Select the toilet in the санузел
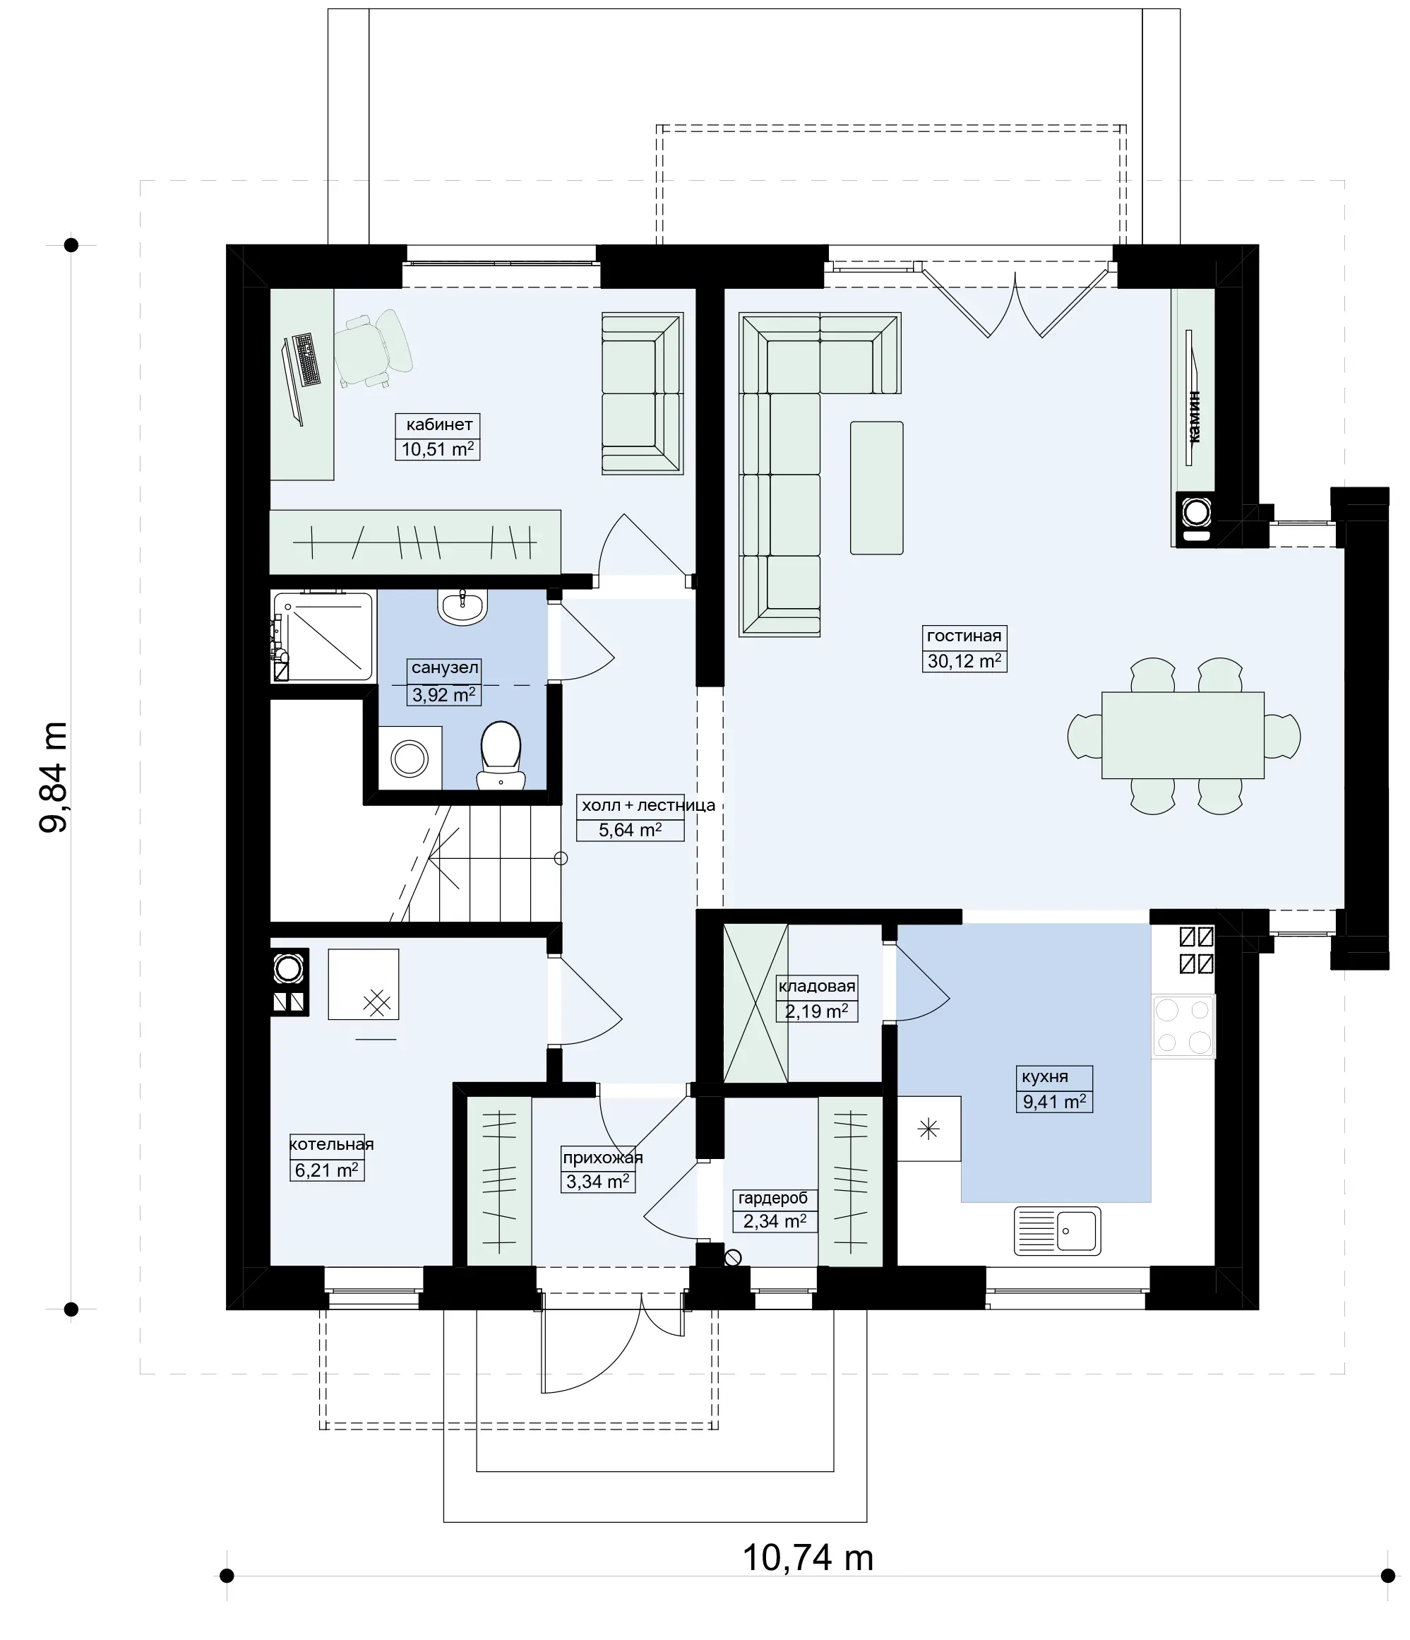501,755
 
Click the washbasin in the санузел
462,607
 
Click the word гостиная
964,636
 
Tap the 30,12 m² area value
964,660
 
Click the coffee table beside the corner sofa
877,487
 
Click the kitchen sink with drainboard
1057,1231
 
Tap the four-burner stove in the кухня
1183,1026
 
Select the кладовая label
817,986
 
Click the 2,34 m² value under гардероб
775,1220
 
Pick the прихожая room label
603,1158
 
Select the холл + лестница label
648,805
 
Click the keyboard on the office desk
307,360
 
